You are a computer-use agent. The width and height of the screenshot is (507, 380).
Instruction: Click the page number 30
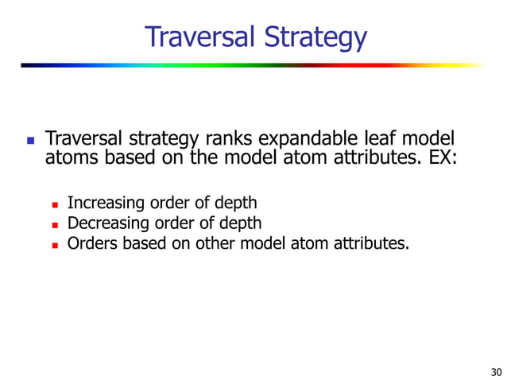click(497, 371)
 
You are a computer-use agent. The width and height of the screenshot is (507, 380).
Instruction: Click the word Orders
click(91, 242)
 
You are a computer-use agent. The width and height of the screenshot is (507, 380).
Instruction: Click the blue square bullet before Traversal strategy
click(30, 142)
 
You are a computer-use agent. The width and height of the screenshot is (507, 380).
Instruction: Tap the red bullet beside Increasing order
click(55, 205)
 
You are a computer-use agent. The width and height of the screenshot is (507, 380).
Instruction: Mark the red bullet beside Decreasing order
click(55, 224)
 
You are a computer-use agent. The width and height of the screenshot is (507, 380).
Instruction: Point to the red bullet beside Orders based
click(55, 243)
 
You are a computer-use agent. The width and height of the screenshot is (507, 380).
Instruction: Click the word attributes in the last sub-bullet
click(372, 242)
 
